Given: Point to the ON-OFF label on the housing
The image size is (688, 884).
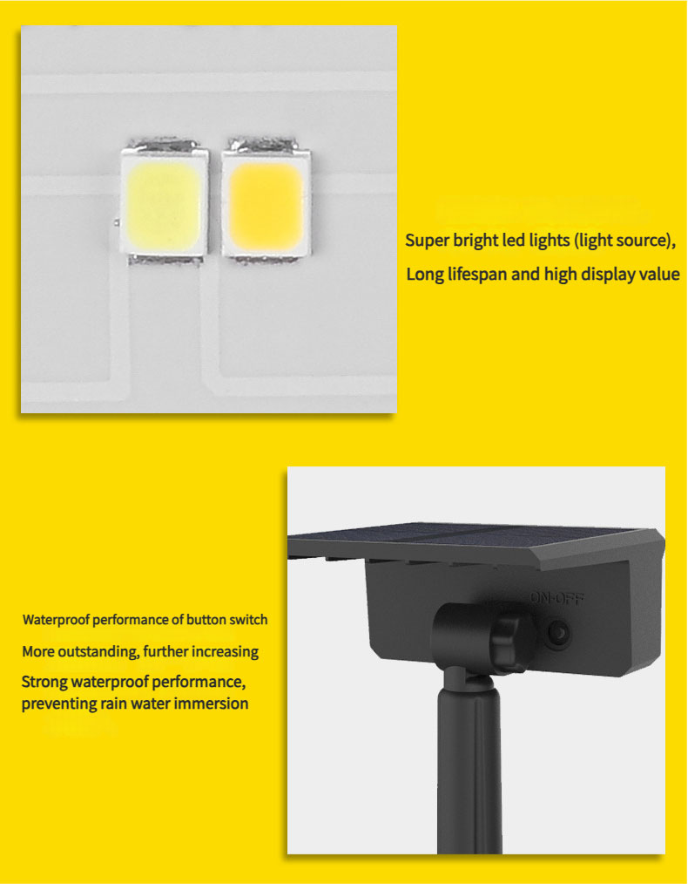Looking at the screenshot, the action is pyautogui.click(x=556, y=597).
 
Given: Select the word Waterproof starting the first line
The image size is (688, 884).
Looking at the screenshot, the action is pyautogui.click(x=57, y=620).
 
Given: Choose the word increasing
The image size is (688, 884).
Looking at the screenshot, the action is pyautogui.click(x=226, y=652).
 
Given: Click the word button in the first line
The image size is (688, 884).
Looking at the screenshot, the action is pyautogui.click(x=206, y=620).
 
